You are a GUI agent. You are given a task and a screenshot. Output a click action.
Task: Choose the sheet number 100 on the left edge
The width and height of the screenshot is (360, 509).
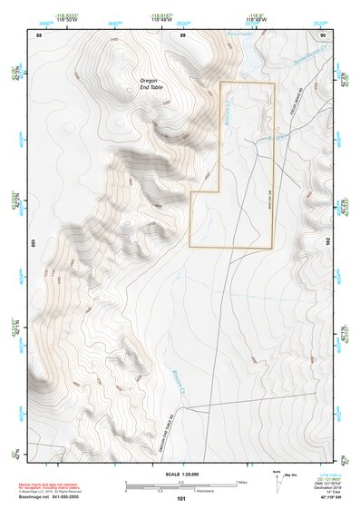[33, 243]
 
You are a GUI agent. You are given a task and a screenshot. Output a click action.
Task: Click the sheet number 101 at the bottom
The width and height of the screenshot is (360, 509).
[181, 499]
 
